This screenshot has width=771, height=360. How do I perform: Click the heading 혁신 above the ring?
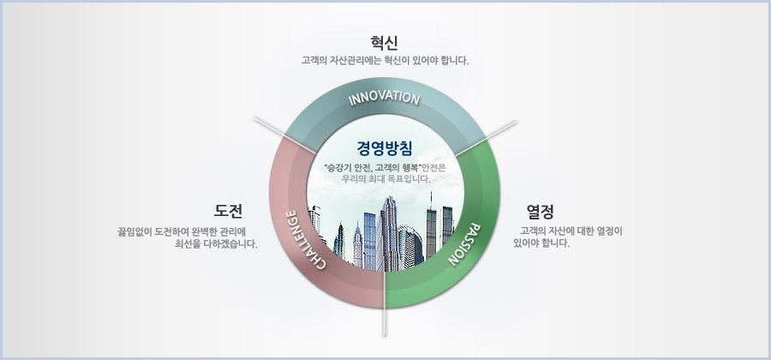[x=385, y=42]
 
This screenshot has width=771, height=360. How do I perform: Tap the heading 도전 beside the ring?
[x=228, y=211]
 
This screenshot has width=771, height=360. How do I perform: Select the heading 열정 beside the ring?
[x=541, y=212]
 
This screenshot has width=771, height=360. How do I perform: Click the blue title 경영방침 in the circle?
[x=385, y=148]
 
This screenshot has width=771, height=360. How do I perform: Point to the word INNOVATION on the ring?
[x=384, y=98]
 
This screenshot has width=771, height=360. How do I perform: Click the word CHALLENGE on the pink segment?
[x=305, y=239]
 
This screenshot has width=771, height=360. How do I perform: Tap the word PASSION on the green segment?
[x=463, y=244]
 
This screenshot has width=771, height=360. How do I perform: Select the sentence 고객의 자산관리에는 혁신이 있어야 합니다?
[x=385, y=61]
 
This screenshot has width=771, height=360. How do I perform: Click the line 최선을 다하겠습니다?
[x=217, y=243]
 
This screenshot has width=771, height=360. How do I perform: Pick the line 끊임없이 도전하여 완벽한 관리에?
[x=182, y=231]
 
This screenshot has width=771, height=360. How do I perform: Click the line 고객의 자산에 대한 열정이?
[x=571, y=231]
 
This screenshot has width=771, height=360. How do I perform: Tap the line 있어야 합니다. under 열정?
[x=541, y=243]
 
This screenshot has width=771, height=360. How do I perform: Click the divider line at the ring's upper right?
[x=486, y=138]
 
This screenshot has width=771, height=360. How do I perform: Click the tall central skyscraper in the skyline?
[x=388, y=234]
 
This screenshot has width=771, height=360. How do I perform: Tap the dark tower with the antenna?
[x=431, y=225]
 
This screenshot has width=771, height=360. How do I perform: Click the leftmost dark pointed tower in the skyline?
[x=339, y=241]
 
